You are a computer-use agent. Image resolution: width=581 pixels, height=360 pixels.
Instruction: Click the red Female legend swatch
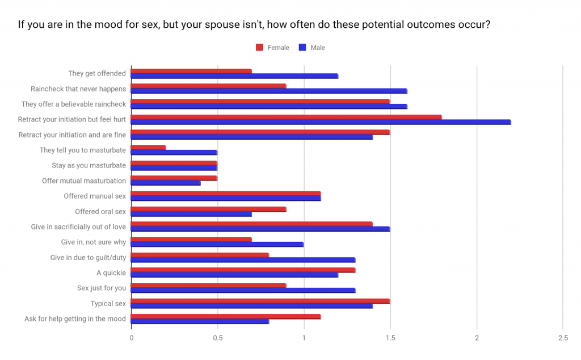point(260,48)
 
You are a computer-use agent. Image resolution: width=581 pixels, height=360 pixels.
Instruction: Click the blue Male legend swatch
point(303,48)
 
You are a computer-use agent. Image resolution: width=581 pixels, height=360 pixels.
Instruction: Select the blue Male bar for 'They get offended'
point(234,76)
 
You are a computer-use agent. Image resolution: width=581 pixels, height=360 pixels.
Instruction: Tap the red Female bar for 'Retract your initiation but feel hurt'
point(286,117)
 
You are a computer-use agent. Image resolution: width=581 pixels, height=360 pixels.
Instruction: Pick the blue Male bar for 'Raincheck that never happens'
point(269,91)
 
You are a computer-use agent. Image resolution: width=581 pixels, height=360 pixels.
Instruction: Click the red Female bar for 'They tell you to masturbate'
point(148,148)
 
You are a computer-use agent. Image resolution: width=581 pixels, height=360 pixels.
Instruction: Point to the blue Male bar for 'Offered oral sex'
point(191,214)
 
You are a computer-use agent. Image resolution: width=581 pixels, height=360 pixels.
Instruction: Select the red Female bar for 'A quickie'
point(243,270)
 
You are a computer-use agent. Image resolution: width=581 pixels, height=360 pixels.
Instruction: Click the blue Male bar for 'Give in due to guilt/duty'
point(243,260)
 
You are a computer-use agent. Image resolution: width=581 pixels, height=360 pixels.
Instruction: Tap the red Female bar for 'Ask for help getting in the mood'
point(226,316)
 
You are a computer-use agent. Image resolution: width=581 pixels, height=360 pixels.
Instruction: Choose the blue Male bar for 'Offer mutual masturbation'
point(166,183)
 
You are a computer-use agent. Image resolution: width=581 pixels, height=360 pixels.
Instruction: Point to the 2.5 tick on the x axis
point(563,338)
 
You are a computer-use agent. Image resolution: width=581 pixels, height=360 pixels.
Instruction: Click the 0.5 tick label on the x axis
point(217,338)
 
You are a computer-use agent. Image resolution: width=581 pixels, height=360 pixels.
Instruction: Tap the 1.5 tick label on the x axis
point(390,338)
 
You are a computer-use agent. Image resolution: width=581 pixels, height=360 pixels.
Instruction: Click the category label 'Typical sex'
point(108,304)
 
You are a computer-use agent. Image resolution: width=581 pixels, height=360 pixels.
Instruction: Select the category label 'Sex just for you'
point(102,288)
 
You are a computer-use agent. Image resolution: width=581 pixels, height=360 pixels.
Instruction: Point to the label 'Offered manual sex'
point(95,196)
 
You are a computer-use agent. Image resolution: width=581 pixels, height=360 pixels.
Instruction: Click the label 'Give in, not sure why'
point(94,242)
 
